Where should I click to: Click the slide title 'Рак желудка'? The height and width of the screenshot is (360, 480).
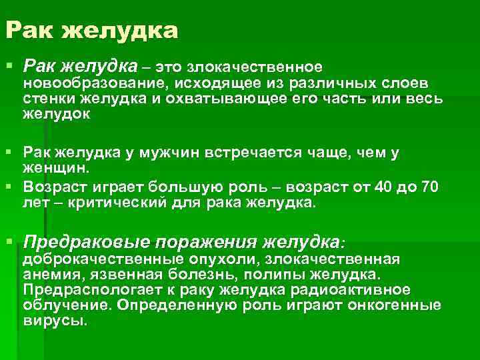click(x=93, y=31)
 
